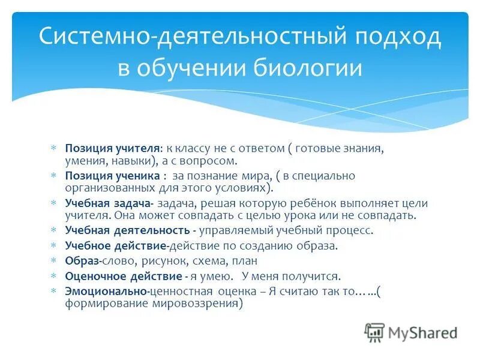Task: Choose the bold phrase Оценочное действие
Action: (124, 277)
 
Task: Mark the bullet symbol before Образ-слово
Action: (53, 261)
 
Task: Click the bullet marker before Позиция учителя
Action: (53, 148)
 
